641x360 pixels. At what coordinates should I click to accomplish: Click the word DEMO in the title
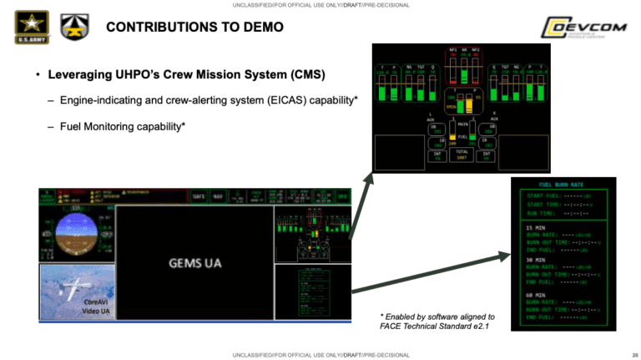click(263, 28)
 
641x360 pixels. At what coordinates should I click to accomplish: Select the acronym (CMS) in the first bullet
click(305, 76)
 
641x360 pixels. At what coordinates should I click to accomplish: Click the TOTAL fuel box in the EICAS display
click(462, 155)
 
